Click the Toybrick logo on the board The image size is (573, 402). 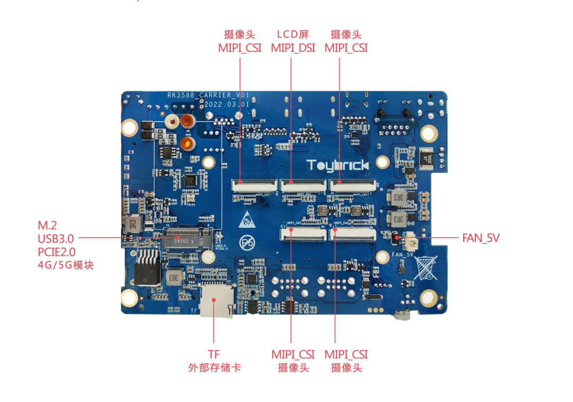[337, 166]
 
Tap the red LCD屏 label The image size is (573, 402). [292, 35]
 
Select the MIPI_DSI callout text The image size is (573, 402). [293, 48]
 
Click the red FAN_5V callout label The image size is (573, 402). [481, 238]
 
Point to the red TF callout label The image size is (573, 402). [214, 354]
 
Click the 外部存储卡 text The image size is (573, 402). [214, 367]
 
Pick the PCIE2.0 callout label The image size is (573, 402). [57, 251]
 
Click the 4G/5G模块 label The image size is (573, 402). [66, 264]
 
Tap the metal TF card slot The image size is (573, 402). [216, 301]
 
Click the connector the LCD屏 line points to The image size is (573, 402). [303, 185]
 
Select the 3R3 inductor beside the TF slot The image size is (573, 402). [173, 278]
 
